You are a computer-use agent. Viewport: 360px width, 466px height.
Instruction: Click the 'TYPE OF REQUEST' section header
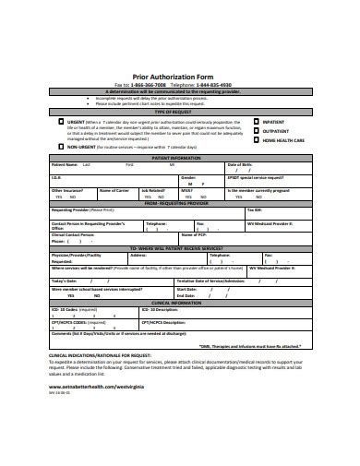point(179,110)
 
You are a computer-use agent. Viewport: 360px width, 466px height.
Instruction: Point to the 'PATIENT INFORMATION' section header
point(179,157)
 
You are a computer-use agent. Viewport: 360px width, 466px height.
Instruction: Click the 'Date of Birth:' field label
point(242,164)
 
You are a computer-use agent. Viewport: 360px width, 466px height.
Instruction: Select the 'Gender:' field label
point(188,176)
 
